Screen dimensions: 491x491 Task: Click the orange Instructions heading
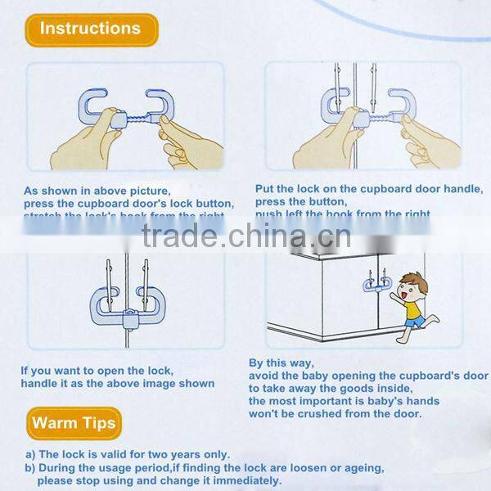pyautogui.click(x=90, y=29)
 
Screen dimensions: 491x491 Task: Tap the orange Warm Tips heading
pyautogui.click(x=74, y=423)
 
